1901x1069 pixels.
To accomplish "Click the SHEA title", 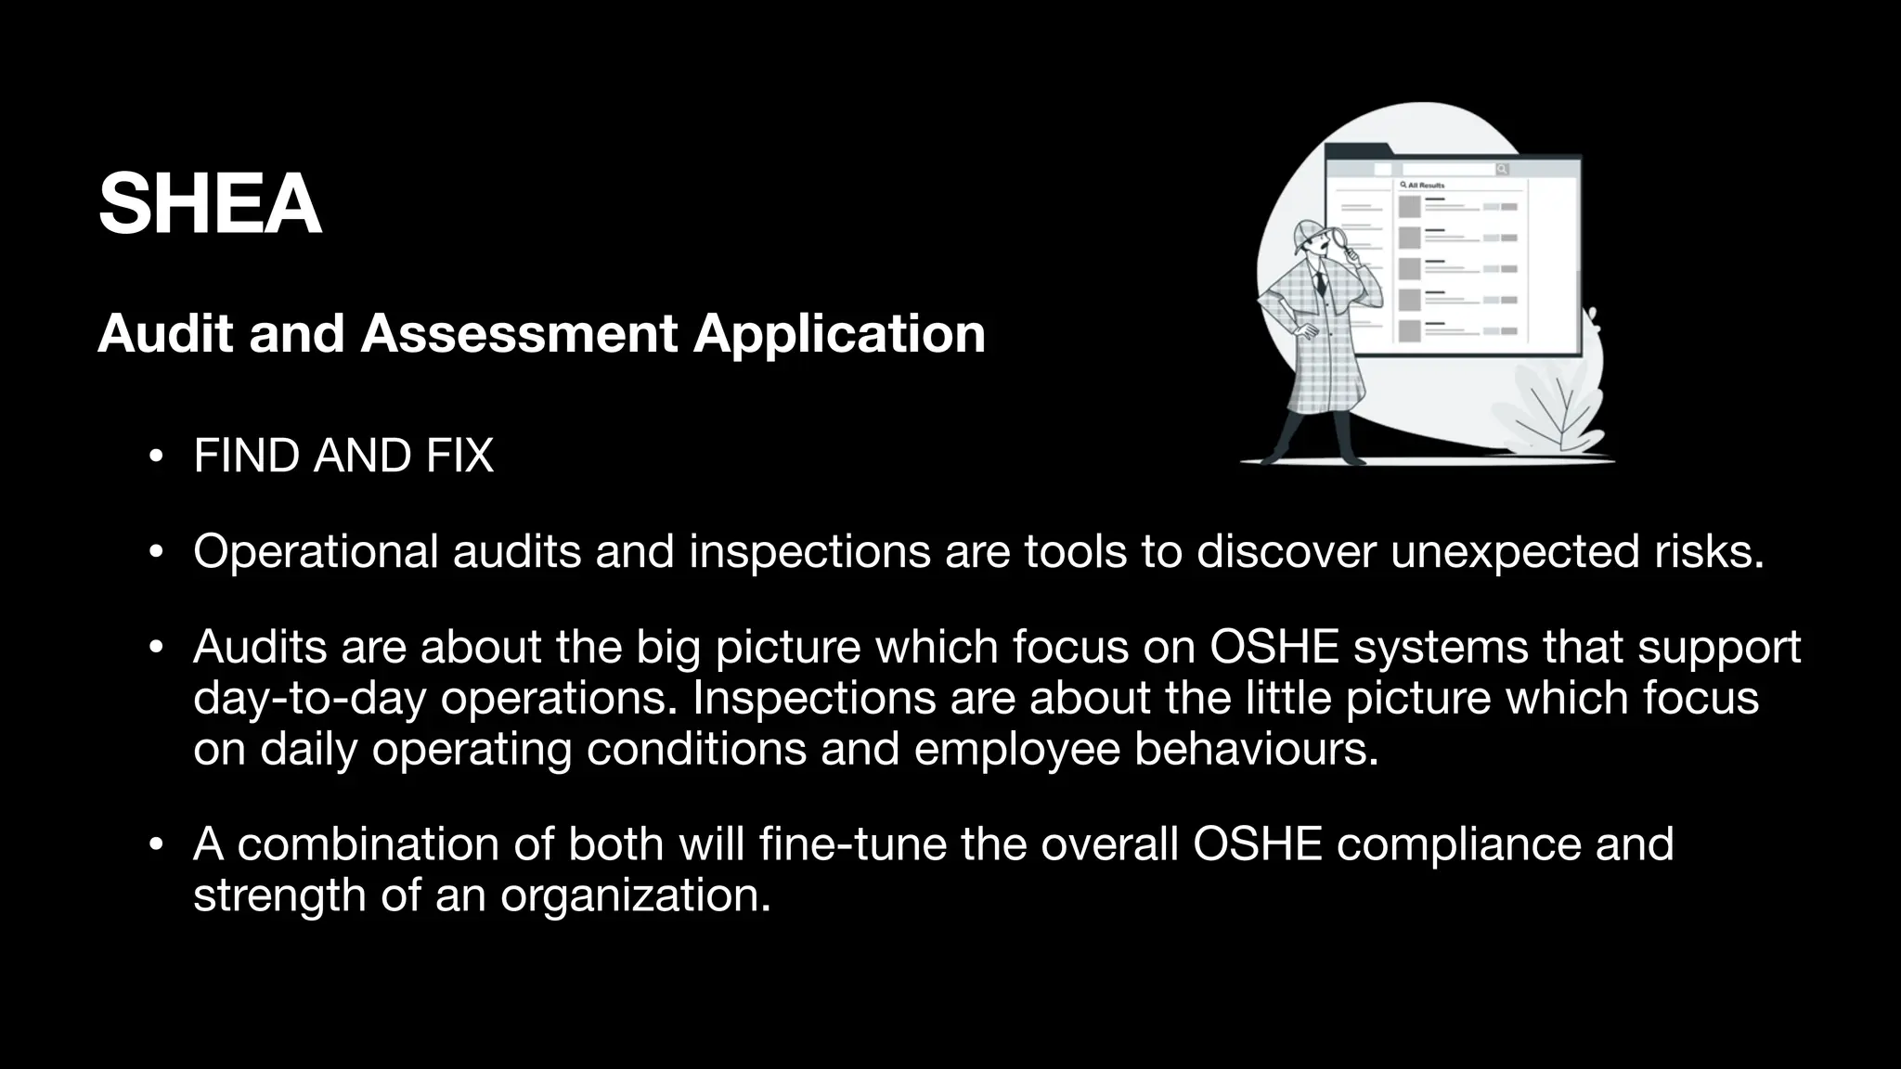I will (210, 204).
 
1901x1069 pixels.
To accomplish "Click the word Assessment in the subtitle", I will (519, 333).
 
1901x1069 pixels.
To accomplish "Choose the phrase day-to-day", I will (309, 698).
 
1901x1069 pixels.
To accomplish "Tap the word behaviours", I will (1256, 749).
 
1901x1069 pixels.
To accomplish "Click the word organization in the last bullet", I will (635, 895).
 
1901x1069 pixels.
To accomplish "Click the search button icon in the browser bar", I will (1502, 169).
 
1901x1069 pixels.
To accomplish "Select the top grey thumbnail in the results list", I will (1410, 206).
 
